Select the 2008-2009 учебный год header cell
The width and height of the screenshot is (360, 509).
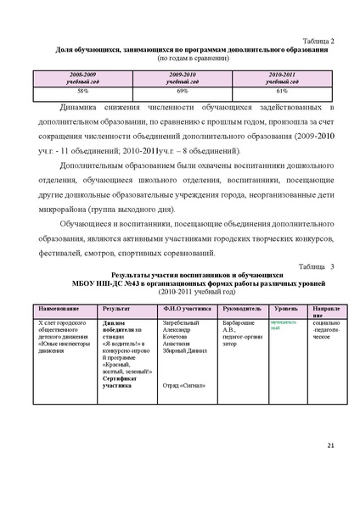(83, 78)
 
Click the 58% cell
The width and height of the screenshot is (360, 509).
(83, 90)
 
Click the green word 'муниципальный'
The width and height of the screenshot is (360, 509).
(282, 326)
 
